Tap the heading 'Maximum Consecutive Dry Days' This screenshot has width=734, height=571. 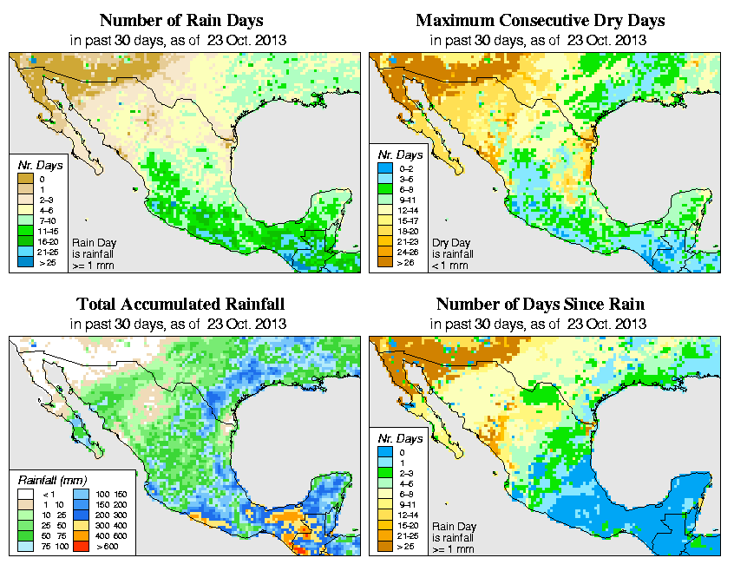541,19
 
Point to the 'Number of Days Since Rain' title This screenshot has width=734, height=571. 541,304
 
